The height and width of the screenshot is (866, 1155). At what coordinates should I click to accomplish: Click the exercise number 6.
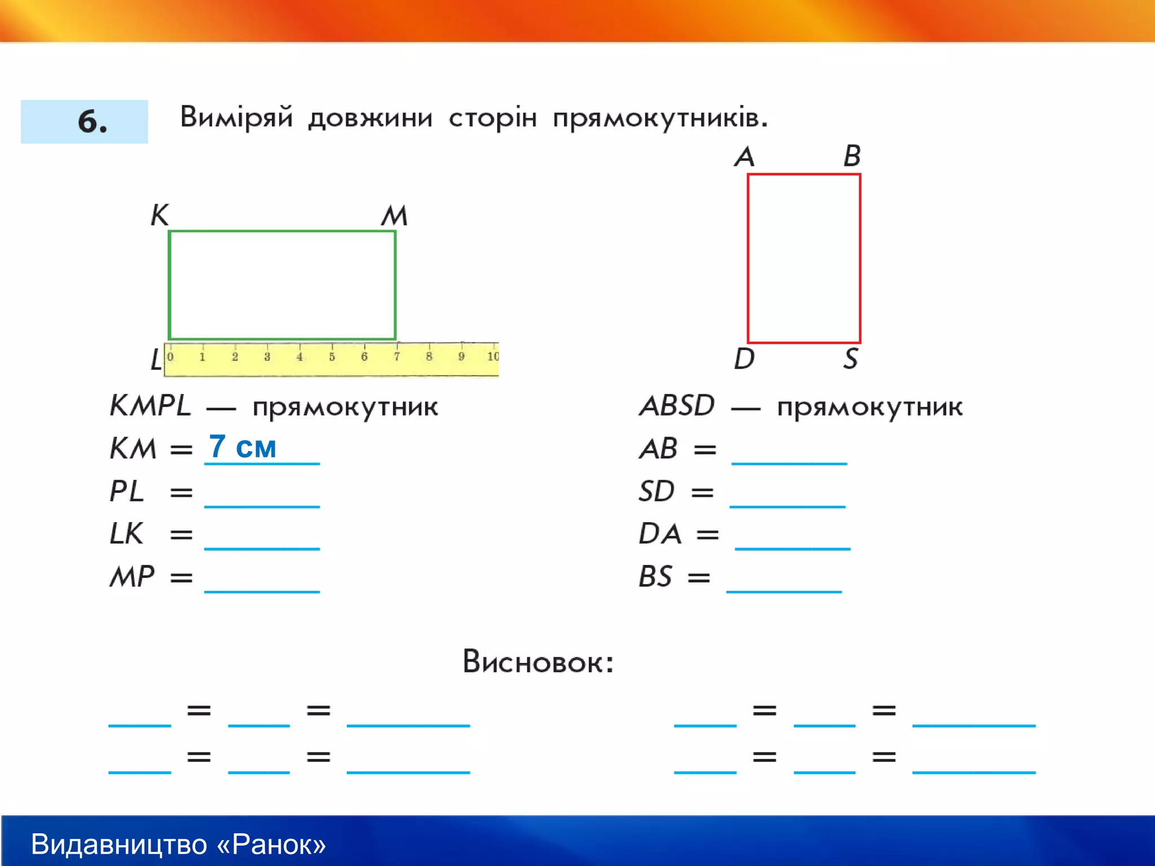[92, 121]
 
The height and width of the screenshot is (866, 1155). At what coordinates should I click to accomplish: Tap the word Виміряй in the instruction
[236, 118]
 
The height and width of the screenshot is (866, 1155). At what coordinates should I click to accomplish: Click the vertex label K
[160, 215]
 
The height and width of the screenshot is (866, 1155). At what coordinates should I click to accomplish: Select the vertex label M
[394, 215]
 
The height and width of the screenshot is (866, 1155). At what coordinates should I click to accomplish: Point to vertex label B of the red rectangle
[852, 156]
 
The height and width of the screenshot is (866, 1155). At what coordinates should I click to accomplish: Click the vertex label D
[744, 359]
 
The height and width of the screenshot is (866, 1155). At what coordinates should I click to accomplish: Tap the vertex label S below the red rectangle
[850, 359]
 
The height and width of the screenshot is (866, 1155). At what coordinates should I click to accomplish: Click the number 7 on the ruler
[397, 356]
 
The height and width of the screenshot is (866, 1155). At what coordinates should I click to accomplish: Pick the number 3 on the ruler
[267, 356]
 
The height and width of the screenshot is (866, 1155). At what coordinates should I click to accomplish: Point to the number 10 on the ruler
[492, 356]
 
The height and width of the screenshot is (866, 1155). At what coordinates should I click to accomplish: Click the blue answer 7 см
[243, 447]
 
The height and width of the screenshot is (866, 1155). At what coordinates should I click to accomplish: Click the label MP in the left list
[132, 577]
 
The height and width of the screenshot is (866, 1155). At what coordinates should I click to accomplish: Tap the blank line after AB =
[789, 457]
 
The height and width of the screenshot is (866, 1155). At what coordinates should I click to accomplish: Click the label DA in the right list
[660, 533]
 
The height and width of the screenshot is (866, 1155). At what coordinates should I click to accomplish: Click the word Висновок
[537, 662]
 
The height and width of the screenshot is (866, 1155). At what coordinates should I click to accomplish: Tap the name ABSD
[677, 406]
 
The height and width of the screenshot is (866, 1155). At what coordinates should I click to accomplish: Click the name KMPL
[150, 406]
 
